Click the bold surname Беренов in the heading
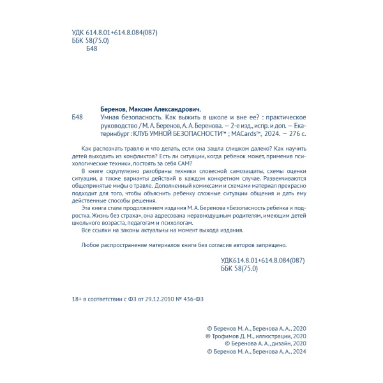click(x=117, y=109)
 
